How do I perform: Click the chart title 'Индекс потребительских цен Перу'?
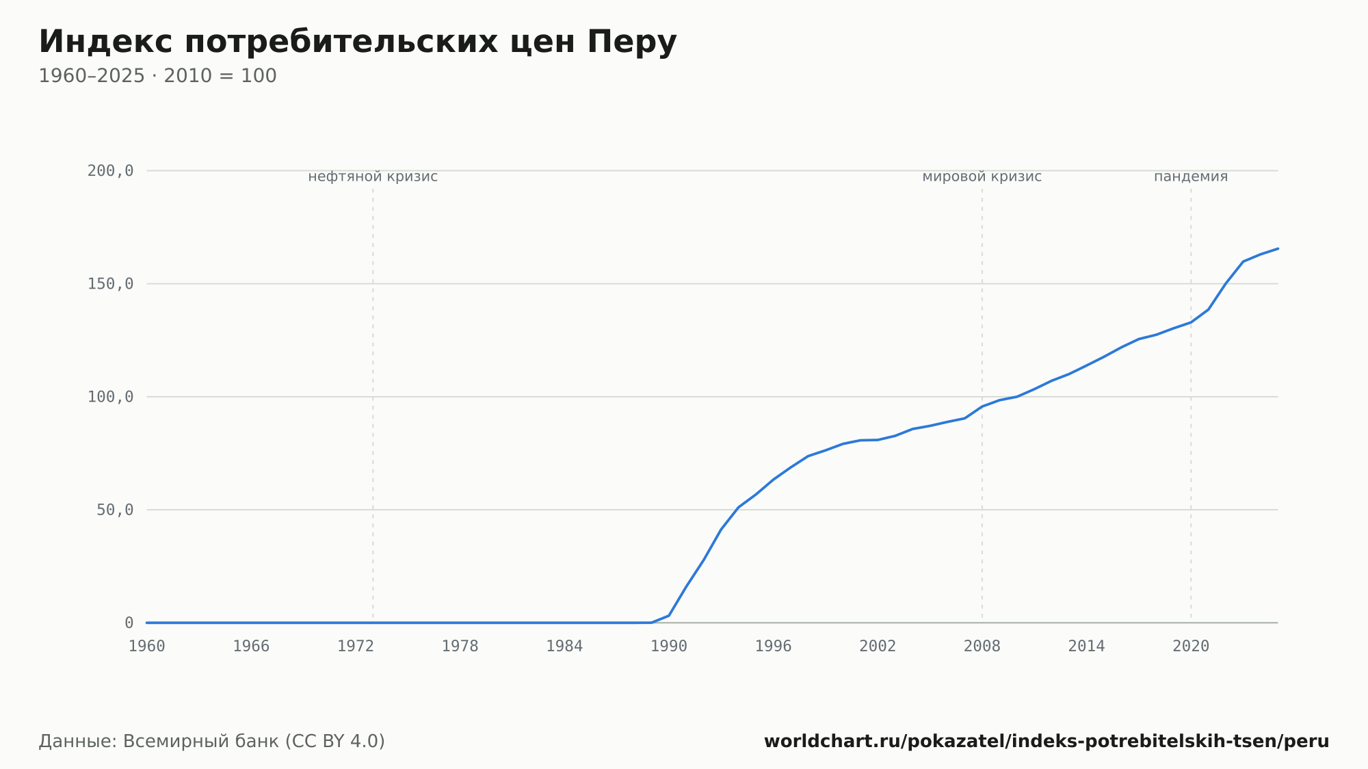[x=358, y=42]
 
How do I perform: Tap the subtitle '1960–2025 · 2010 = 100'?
[x=157, y=76]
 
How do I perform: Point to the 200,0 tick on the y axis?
[x=110, y=171]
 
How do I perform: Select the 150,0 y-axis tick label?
[x=110, y=284]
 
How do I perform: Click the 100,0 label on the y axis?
[x=110, y=397]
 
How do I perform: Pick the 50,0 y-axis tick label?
[x=115, y=510]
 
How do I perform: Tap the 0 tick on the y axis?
[x=129, y=623]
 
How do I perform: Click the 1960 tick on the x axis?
[x=147, y=647]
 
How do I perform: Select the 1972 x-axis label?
[x=356, y=647]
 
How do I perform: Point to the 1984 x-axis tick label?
[x=564, y=647]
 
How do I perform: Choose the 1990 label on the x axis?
[x=669, y=647]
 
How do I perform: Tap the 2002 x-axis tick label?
[x=878, y=647]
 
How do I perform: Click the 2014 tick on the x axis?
[x=1086, y=647]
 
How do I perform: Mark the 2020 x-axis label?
[x=1191, y=647]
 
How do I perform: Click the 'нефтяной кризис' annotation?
[x=373, y=177]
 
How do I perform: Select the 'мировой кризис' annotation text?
[x=982, y=177]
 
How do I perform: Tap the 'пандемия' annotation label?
[x=1191, y=177]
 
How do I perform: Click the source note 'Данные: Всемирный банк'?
[x=159, y=742]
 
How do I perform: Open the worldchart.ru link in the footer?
[x=1047, y=742]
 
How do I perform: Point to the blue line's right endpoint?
[x=1278, y=248]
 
